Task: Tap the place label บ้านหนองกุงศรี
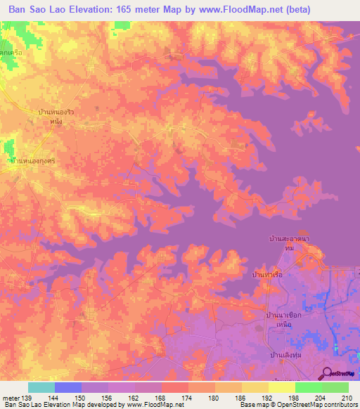point(33,161)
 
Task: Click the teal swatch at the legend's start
point(41,387)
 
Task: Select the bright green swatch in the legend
point(309,387)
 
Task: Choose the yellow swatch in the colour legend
point(255,387)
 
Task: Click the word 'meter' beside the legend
point(10,397)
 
